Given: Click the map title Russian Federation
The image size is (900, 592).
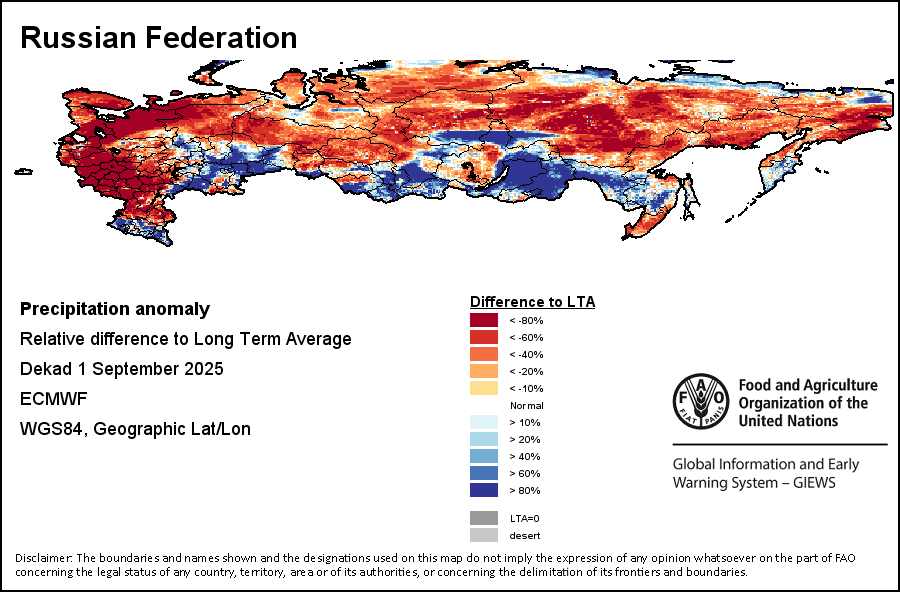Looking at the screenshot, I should (x=158, y=38).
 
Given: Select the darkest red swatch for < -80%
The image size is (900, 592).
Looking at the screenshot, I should (x=484, y=320).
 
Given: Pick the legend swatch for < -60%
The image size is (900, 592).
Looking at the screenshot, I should (x=484, y=337).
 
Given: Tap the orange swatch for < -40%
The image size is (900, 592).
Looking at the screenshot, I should (x=484, y=354).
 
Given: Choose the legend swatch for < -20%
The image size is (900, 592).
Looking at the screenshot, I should (x=484, y=371).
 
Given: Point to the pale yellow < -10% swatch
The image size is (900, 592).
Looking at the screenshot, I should (x=484, y=388).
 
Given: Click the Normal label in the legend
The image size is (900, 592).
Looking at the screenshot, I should (x=526, y=405).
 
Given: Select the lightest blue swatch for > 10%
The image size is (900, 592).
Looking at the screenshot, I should (x=484, y=422).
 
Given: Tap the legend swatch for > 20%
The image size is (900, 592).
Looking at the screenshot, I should (x=484, y=439).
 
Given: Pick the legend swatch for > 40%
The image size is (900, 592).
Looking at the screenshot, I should (x=484, y=456).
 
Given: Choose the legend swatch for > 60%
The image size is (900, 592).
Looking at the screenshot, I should (x=484, y=473).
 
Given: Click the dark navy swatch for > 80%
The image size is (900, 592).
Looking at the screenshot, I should (x=484, y=490).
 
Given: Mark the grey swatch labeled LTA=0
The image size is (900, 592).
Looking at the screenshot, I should (x=484, y=518).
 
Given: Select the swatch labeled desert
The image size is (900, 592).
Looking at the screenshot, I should (x=484, y=535).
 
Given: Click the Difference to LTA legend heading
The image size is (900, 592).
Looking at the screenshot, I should (x=532, y=301).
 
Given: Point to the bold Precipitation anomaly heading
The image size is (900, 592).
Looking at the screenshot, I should (x=115, y=309).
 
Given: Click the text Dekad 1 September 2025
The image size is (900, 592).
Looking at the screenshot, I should (x=121, y=369).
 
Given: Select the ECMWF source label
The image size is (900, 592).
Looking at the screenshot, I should (x=53, y=399).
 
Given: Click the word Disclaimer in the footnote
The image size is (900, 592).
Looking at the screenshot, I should (x=43, y=558).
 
